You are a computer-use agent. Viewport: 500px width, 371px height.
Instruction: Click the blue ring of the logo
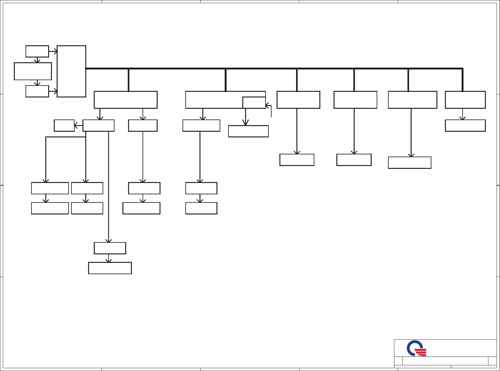point(410,347)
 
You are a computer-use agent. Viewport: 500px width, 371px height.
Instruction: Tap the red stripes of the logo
point(421,352)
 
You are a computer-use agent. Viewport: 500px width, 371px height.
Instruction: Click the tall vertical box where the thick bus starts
point(71,71)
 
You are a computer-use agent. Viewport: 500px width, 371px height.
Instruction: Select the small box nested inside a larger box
point(254,102)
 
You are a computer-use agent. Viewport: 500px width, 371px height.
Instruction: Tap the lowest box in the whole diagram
point(110,268)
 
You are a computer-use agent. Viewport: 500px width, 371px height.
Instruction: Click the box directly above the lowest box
point(110,248)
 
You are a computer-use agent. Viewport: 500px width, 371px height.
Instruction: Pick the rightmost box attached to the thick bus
point(465,100)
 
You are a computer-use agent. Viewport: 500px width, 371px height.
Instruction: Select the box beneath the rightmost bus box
point(465,125)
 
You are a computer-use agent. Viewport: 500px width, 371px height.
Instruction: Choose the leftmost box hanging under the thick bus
point(126,100)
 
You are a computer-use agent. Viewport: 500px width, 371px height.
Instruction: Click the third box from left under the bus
point(298,100)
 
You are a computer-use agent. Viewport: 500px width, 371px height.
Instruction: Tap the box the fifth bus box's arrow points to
point(409,163)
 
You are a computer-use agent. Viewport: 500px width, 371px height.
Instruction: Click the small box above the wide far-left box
point(37,51)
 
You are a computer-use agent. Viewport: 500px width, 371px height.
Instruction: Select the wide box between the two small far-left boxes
point(33,71)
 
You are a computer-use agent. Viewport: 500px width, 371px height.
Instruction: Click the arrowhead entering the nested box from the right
point(267,105)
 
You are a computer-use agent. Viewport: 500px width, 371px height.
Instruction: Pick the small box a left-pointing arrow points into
point(64,125)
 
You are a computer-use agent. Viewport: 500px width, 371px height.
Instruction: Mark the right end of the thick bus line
point(462,69)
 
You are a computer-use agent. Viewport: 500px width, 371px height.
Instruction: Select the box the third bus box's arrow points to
point(297,160)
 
